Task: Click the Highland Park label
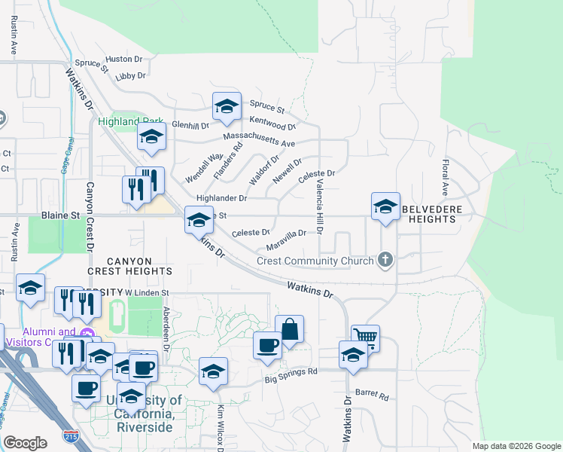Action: pos(120,121)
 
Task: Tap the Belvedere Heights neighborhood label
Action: pos(429,213)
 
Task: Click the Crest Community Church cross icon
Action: pos(385,261)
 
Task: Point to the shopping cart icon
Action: pos(365,337)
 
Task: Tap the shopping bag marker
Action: pos(290,328)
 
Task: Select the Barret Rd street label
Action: pos(372,395)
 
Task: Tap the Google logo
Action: pos(25,443)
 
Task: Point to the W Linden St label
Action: pos(148,292)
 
